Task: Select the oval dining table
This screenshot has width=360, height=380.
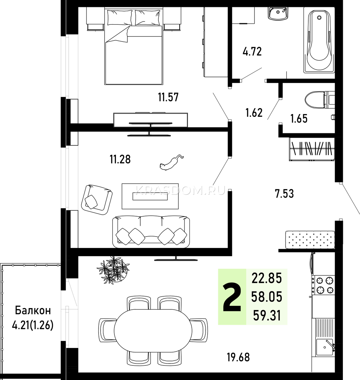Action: pyautogui.click(x=153, y=331)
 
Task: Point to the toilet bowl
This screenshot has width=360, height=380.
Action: pyautogui.click(x=319, y=100)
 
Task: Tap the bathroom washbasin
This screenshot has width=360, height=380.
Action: pyautogui.click(x=278, y=13)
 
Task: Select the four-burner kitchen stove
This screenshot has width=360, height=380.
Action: pyautogui.click(x=323, y=285)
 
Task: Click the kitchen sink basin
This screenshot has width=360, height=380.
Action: pyautogui.click(x=325, y=347)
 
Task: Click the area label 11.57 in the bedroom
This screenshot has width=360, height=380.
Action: pyautogui.click(x=168, y=97)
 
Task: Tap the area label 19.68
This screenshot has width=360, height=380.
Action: pyautogui.click(x=238, y=358)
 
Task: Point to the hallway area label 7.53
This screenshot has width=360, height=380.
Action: pyautogui.click(x=284, y=194)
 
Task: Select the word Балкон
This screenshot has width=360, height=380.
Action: pyautogui.click(x=33, y=311)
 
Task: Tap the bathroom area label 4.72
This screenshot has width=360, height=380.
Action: pyautogui.click(x=252, y=51)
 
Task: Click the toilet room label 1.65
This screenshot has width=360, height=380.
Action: pyautogui.click(x=299, y=118)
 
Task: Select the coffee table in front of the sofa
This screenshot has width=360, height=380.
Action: pyautogui.click(x=150, y=196)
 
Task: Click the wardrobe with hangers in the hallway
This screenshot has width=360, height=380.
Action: pyautogui.click(x=312, y=149)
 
